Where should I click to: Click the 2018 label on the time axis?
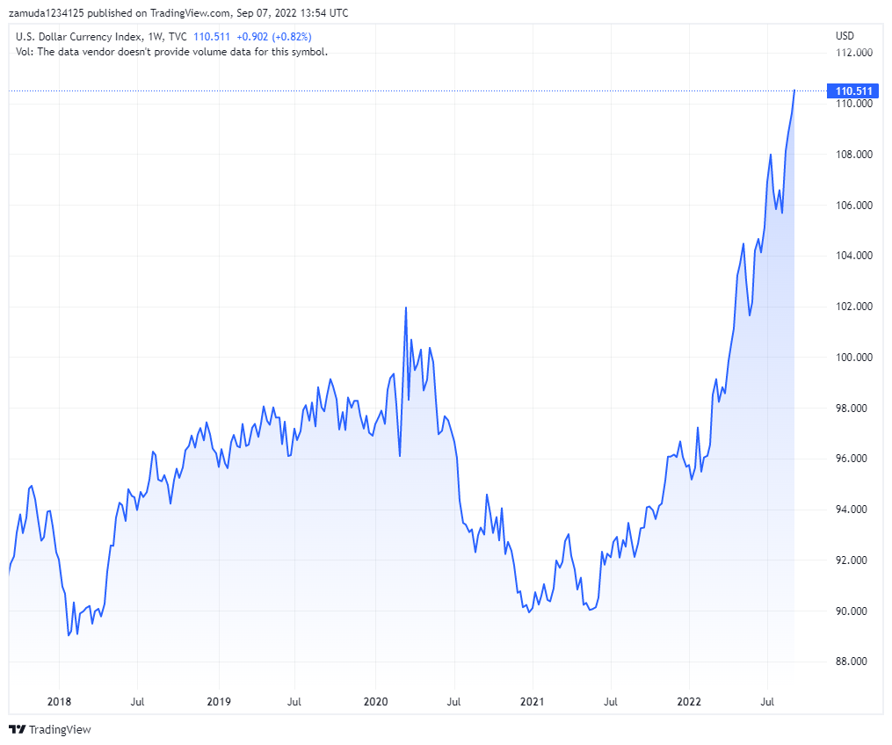pyautogui.click(x=59, y=701)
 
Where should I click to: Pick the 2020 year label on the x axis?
pyautogui.click(x=375, y=701)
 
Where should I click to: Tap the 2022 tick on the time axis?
pyautogui.click(x=688, y=701)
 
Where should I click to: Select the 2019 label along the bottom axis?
pyautogui.click(x=218, y=701)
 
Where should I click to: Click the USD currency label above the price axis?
pyautogui.click(x=845, y=36)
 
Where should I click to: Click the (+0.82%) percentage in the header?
pyautogui.click(x=292, y=37)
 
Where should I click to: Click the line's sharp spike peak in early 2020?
pyautogui.click(x=405, y=307)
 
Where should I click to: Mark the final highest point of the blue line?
pyautogui.click(x=794, y=90)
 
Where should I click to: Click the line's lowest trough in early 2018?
pyautogui.click(x=69, y=636)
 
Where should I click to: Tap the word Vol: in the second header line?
pyautogui.click(x=26, y=52)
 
